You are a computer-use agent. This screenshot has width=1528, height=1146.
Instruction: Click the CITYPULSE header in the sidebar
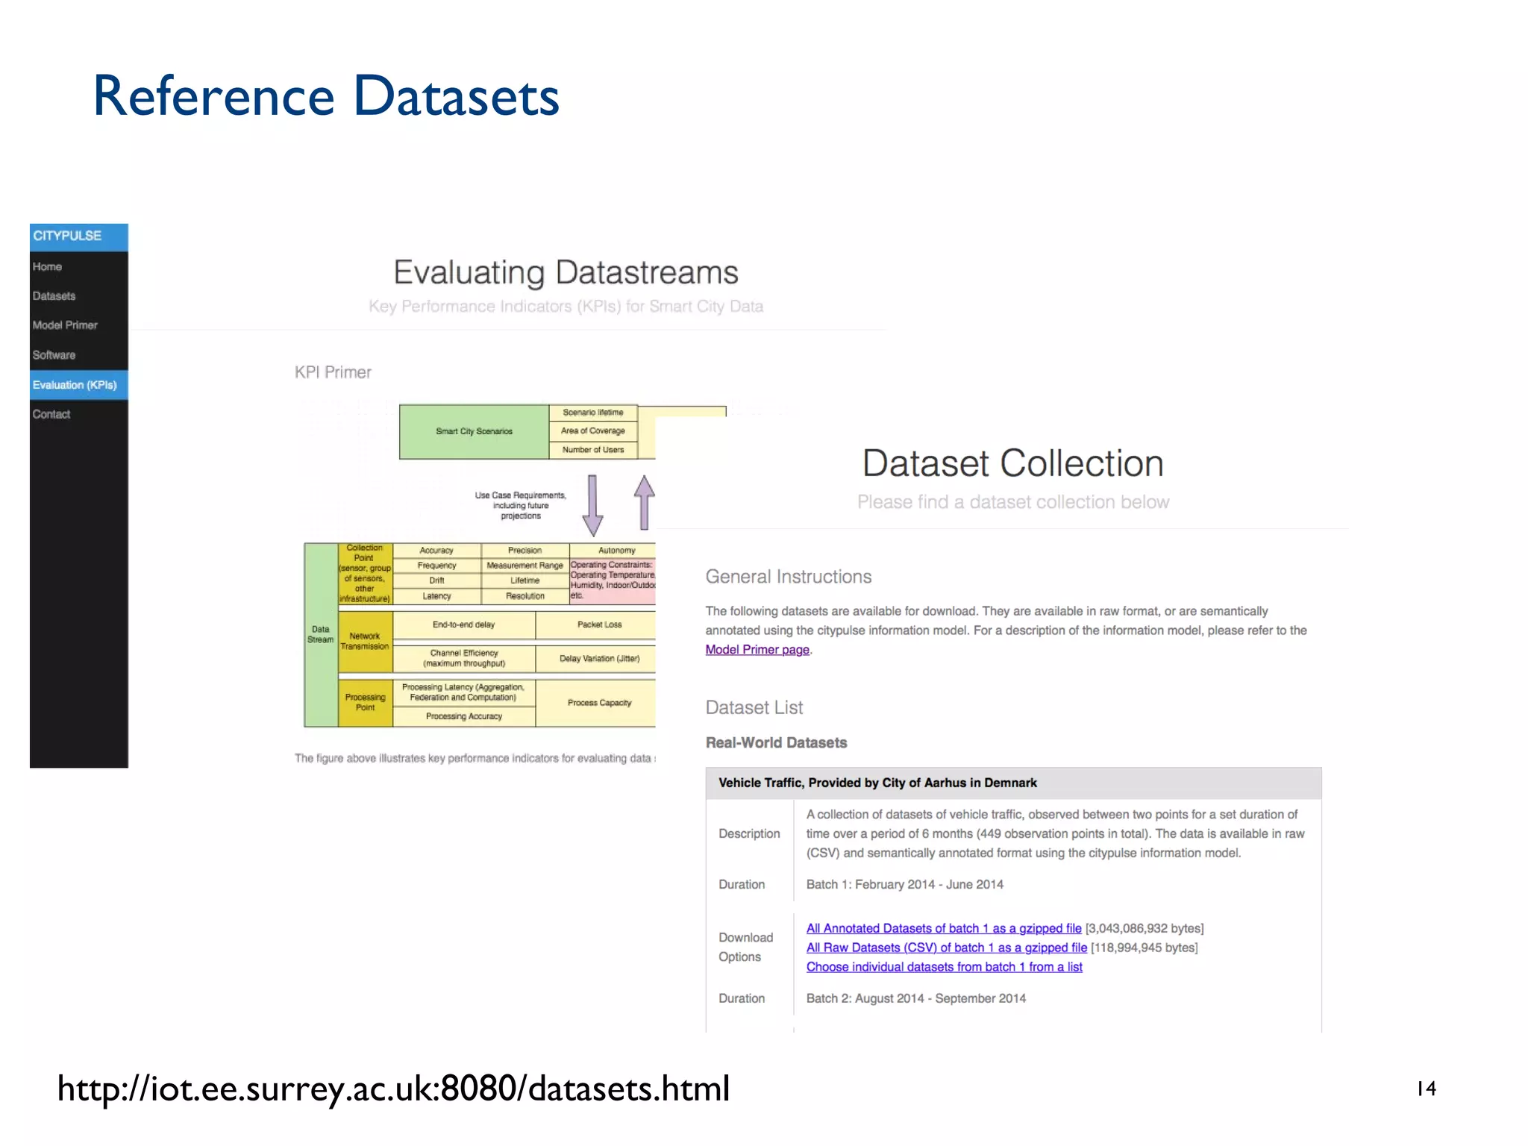point(68,236)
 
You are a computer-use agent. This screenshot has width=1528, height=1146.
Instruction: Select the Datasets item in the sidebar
point(54,296)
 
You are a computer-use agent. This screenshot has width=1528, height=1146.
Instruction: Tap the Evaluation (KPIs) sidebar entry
point(75,385)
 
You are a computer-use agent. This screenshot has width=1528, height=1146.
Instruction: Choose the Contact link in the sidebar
point(51,414)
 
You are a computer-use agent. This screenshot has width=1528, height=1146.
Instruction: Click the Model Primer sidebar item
point(65,325)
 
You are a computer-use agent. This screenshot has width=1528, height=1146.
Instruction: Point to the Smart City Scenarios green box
point(474,431)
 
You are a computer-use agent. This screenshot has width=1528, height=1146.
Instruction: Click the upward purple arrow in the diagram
point(645,502)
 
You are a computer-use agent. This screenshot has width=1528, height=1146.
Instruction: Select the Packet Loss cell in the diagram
point(599,624)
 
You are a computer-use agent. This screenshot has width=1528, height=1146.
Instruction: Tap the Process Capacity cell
point(599,703)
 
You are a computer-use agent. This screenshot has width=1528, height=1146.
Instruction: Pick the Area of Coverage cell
point(593,430)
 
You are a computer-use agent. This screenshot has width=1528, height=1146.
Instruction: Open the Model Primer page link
point(757,650)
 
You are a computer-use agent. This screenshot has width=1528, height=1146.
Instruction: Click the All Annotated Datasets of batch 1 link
point(944,928)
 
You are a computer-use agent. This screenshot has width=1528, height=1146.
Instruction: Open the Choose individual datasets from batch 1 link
point(944,967)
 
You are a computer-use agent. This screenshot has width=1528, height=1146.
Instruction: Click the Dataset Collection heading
point(1012,463)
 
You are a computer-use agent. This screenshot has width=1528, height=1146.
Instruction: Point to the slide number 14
point(1426,1089)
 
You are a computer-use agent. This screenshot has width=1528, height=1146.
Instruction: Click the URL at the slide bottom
point(393,1089)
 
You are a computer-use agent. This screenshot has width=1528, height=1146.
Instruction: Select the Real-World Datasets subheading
point(776,742)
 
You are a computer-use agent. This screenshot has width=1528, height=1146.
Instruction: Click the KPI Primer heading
point(333,372)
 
